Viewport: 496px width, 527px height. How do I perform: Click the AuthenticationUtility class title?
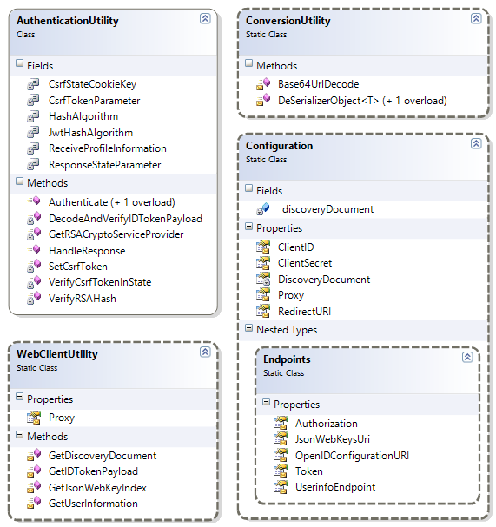[68, 21]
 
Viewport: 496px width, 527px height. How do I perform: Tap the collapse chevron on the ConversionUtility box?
[476, 18]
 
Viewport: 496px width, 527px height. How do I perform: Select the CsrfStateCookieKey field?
[92, 84]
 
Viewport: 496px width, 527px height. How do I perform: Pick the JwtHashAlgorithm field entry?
[91, 133]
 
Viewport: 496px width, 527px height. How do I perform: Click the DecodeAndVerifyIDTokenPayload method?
[125, 219]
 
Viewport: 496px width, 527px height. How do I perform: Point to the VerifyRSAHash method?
[83, 299]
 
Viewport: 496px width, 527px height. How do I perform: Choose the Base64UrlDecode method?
[319, 84]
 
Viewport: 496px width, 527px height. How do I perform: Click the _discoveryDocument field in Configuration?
[326, 209]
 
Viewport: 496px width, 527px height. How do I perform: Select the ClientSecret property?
[305, 263]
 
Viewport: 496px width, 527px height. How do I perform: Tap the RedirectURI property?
[305, 312]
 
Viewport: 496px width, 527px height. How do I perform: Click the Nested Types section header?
[287, 330]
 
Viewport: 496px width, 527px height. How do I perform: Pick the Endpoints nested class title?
[287, 359]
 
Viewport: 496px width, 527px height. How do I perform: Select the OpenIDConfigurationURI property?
[353, 456]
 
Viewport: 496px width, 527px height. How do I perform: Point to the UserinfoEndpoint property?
[335, 487]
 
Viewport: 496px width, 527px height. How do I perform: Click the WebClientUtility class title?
[57, 354]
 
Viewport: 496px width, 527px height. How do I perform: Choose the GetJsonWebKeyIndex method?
[97, 488]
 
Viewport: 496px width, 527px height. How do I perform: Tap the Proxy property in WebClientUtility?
[62, 418]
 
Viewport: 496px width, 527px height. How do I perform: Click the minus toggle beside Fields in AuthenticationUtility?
[19, 63]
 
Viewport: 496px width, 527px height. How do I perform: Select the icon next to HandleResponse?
[34, 249]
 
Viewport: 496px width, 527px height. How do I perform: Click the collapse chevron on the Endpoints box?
[467, 357]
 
